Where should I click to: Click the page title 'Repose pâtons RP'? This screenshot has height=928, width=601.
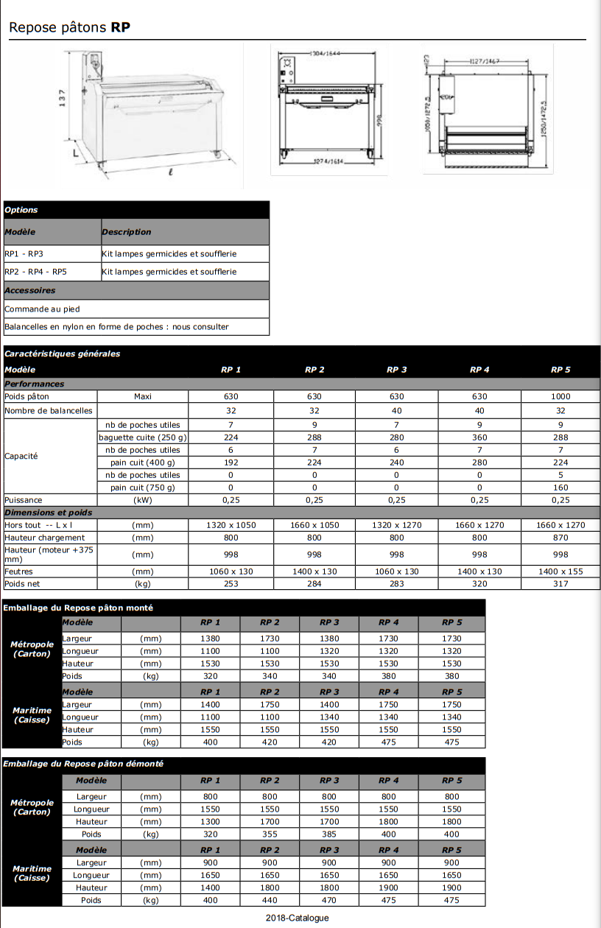pyautogui.click(x=70, y=28)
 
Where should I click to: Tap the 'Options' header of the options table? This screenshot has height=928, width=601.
pyautogui.click(x=21, y=210)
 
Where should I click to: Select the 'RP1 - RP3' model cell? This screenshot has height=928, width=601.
pyautogui.click(x=24, y=253)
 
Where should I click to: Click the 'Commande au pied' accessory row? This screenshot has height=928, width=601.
pyautogui.click(x=42, y=309)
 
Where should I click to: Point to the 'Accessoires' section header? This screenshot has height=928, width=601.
pyautogui.click(x=30, y=290)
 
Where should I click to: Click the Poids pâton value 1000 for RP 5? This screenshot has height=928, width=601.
pyautogui.click(x=560, y=396)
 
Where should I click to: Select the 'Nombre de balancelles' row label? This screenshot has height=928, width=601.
pyautogui.click(x=49, y=410)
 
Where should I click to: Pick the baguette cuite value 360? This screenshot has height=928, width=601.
pyautogui.click(x=479, y=437)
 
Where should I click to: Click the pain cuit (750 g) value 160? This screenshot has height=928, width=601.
pyautogui.click(x=560, y=488)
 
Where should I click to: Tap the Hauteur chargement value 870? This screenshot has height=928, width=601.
pyautogui.click(x=560, y=538)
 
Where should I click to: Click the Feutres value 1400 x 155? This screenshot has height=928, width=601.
pyautogui.click(x=560, y=572)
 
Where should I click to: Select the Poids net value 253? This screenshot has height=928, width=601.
pyautogui.click(x=231, y=584)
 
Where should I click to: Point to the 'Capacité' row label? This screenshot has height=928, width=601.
pyautogui.click(x=21, y=456)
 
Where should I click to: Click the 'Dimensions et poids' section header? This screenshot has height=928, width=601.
pyautogui.click(x=49, y=513)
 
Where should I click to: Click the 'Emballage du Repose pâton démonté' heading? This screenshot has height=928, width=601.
pyautogui.click(x=83, y=764)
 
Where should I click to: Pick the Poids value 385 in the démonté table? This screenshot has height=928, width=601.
pyautogui.click(x=329, y=834)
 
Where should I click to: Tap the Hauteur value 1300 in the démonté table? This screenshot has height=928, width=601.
pyautogui.click(x=211, y=821)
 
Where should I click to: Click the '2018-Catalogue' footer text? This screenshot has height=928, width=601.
pyautogui.click(x=298, y=918)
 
